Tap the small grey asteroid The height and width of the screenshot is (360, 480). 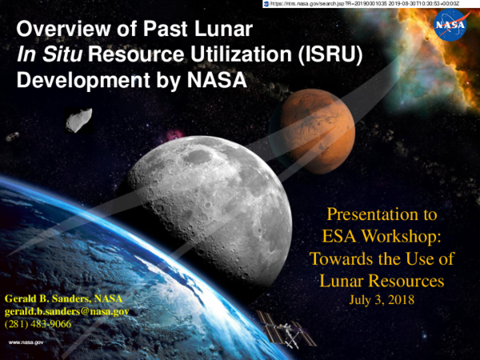pyautogui.click(x=77, y=120)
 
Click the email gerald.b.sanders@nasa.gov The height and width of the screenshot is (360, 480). pyautogui.click(x=67, y=310)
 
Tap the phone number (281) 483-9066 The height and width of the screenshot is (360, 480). pyautogui.click(x=38, y=323)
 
